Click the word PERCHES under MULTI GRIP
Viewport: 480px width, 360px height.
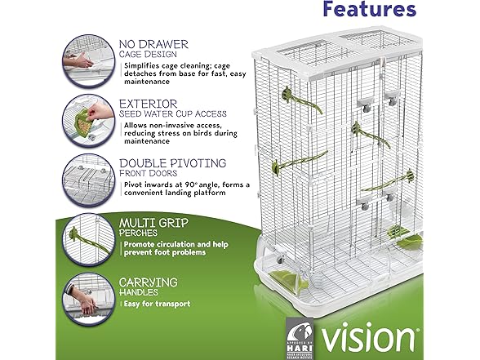pyautogui.click(x=141, y=233)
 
